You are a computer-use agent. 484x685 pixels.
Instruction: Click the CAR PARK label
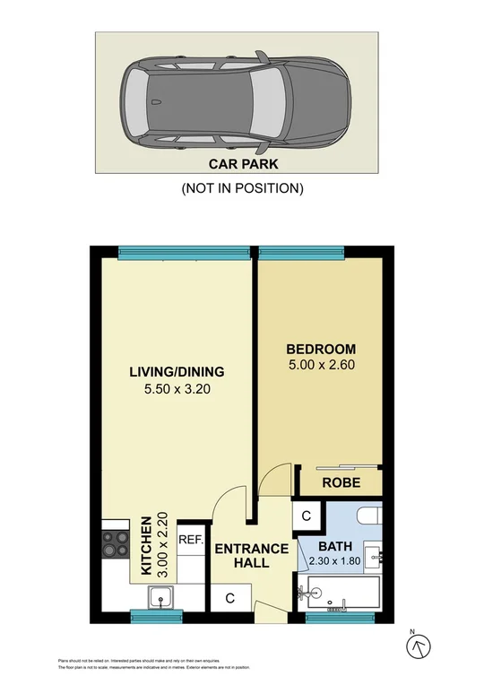[243, 164]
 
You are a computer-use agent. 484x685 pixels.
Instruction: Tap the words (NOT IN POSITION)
[243, 188]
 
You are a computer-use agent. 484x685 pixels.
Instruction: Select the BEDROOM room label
[321, 349]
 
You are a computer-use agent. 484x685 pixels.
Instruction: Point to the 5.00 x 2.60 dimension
[321, 365]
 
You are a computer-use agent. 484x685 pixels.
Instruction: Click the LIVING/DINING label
[176, 372]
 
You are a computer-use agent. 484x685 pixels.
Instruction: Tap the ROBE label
[341, 481]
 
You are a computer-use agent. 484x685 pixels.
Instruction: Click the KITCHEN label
[144, 545]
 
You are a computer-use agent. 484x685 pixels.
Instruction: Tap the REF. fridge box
[190, 540]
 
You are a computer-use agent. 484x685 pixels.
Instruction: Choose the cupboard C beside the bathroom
[306, 516]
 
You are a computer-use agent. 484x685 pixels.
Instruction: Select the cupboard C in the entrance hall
[230, 598]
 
